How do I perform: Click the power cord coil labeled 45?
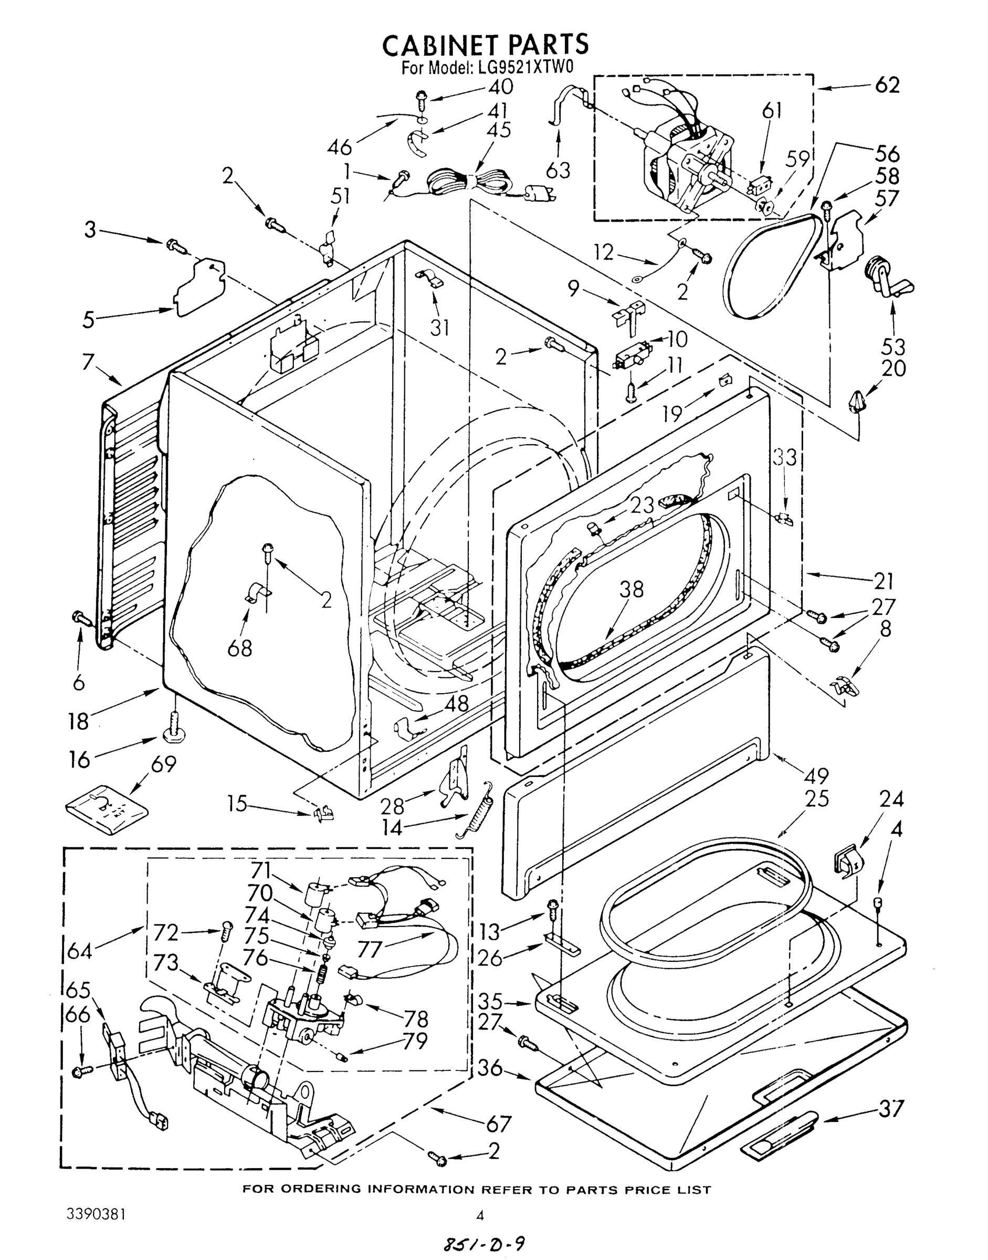(469, 184)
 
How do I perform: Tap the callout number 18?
(79, 721)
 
